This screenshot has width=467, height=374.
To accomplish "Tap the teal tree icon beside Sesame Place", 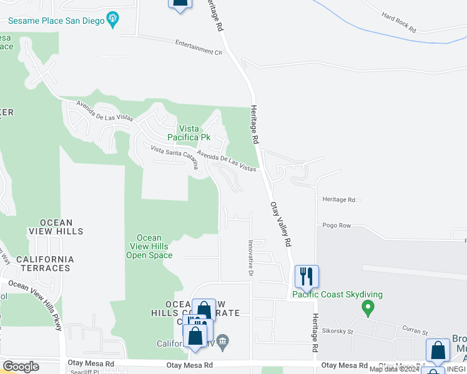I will pyautogui.click(x=112, y=19).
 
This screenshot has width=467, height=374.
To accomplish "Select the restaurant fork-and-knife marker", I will pyautogui.click(x=307, y=276).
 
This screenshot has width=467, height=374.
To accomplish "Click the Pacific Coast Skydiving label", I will pyautogui.click(x=337, y=294).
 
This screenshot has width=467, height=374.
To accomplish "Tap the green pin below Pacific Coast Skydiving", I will pyautogui.click(x=368, y=307).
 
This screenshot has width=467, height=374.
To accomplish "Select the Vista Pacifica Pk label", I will pyautogui.click(x=191, y=133).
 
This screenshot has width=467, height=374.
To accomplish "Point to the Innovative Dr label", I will pyautogui.click(x=250, y=259).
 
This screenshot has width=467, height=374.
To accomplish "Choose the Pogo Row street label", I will pyautogui.click(x=337, y=226).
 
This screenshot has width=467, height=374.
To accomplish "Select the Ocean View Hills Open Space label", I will pyautogui.click(x=149, y=246).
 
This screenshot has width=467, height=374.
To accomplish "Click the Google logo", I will pyautogui.click(x=21, y=367).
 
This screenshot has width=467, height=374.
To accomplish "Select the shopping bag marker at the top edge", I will pyautogui.click(x=180, y=3).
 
